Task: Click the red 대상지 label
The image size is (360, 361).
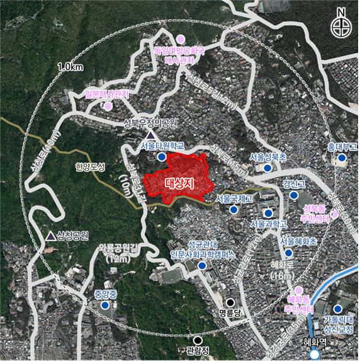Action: (x=178, y=184)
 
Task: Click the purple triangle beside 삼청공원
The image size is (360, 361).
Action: (x=50, y=236)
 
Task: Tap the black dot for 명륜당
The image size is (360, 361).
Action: (x=231, y=302)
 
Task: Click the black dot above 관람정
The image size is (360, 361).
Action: (x=198, y=340)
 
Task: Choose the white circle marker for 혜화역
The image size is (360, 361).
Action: (x=313, y=355)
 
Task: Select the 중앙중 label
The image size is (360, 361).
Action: (x=105, y=294)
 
